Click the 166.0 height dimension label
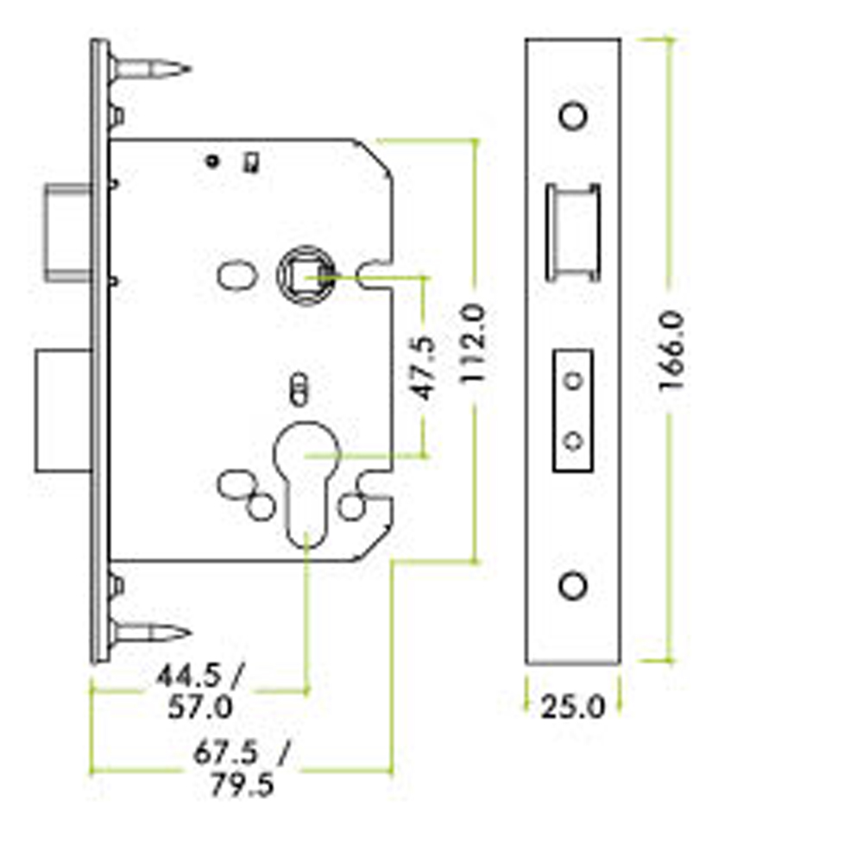click(671, 350)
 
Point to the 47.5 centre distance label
click(423, 368)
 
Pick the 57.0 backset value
click(200, 707)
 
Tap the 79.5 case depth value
click(242, 784)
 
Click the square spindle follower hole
click(306, 274)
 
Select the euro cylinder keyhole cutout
click(306, 484)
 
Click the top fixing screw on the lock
click(149, 69)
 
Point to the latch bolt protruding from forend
click(67, 232)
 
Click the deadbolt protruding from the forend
click(63, 411)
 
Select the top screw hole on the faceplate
click(573, 116)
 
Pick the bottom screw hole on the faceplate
click(573, 586)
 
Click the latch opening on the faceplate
click(573, 232)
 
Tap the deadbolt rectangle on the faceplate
click(573, 411)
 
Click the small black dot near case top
click(212, 161)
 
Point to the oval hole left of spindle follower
click(236, 274)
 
